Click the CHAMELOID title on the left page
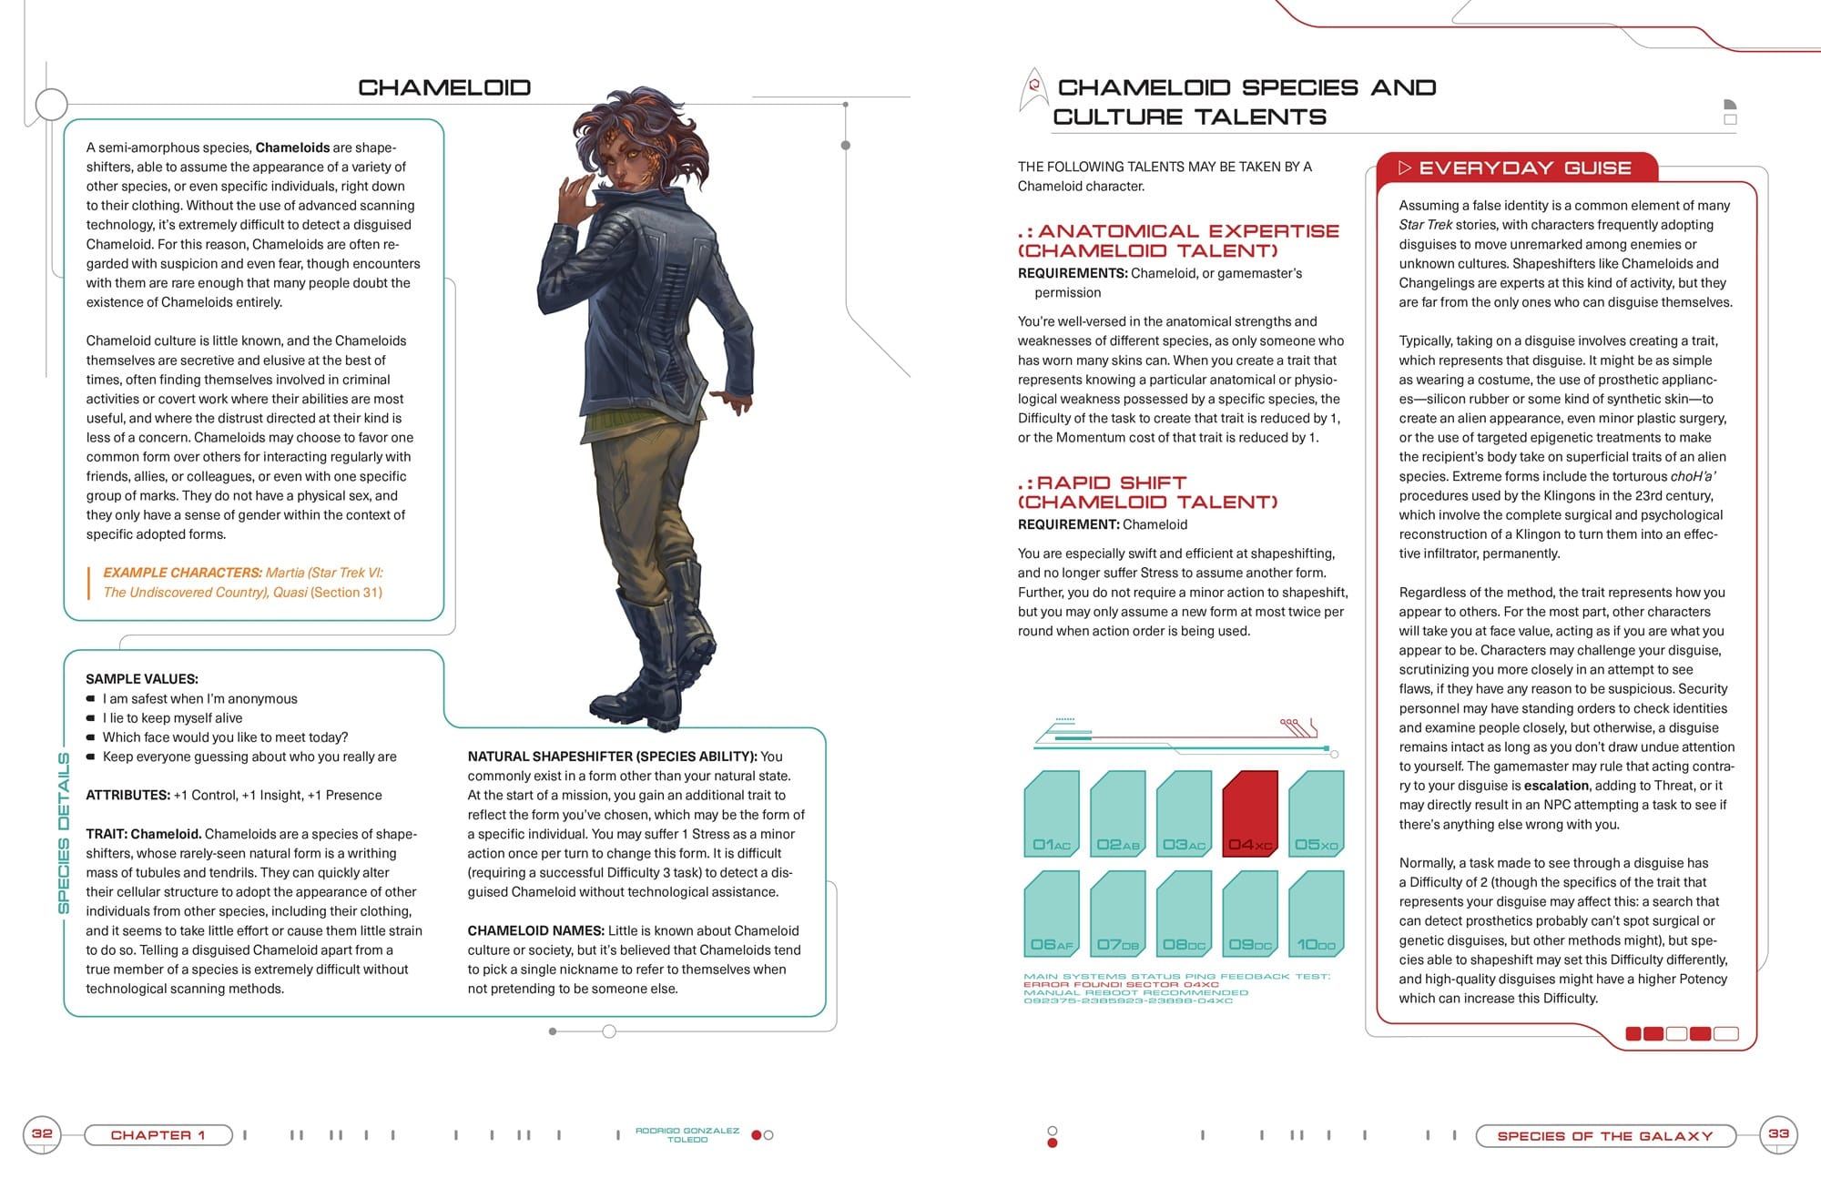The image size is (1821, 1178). (x=443, y=87)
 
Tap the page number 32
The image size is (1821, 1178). (x=42, y=1133)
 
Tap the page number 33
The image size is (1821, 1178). (x=1778, y=1134)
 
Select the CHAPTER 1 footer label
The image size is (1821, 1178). (x=158, y=1135)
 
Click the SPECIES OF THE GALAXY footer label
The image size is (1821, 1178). (x=1604, y=1136)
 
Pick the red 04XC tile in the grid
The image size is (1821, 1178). (x=1250, y=813)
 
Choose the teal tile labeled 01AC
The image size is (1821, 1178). (x=1052, y=813)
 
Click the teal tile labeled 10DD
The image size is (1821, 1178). (x=1317, y=913)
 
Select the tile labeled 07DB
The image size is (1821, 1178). (x=1118, y=913)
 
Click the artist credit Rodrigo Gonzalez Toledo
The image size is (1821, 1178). (x=687, y=1134)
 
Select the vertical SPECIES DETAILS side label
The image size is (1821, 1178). (x=64, y=832)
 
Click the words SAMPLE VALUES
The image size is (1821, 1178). (x=141, y=679)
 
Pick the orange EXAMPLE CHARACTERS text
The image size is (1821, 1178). (x=182, y=573)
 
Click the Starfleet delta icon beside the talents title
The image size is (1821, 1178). (x=1033, y=89)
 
